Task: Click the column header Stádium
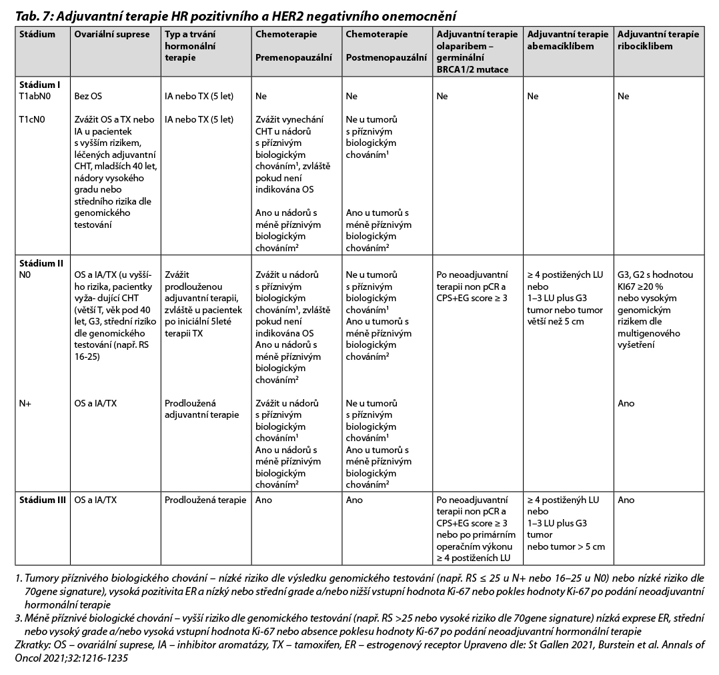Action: (x=37, y=35)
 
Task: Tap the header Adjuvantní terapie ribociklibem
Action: (x=658, y=40)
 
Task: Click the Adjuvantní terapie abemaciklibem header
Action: (x=568, y=40)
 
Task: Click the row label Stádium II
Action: (x=42, y=263)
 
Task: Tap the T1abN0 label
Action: (x=35, y=96)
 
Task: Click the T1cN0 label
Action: (x=33, y=119)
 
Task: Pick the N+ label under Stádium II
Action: (x=25, y=403)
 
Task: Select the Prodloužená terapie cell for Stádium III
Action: (x=205, y=500)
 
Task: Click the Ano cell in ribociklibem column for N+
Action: (x=626, y=403)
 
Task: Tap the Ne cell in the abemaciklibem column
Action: (x=532, y=96)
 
